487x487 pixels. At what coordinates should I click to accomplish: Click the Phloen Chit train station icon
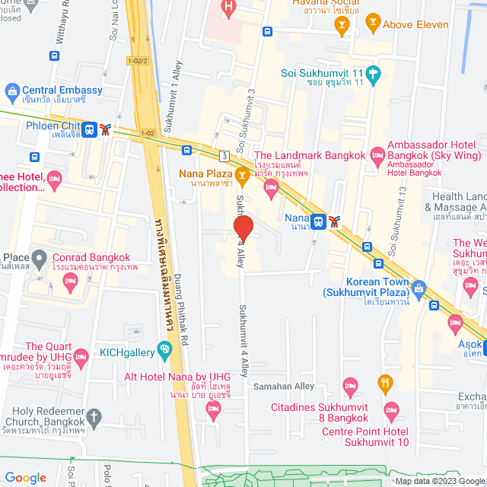(90, 129)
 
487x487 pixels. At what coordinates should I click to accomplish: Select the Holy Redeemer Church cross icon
(93, 417)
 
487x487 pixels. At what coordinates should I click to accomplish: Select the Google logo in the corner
(25, 477)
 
